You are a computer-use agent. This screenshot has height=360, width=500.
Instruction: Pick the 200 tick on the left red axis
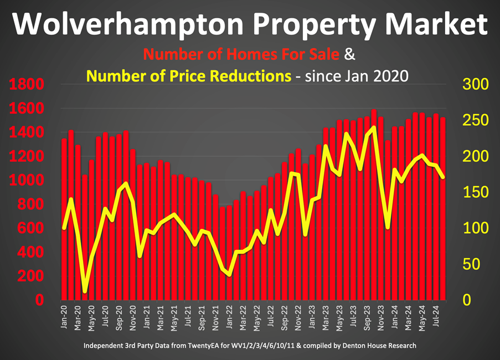coord(29,276)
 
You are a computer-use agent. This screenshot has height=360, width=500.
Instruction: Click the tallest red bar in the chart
coord(374,205)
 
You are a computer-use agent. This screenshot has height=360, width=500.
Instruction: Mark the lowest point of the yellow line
coord(85,290)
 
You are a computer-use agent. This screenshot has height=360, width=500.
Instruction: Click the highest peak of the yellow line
coord(374,127)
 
